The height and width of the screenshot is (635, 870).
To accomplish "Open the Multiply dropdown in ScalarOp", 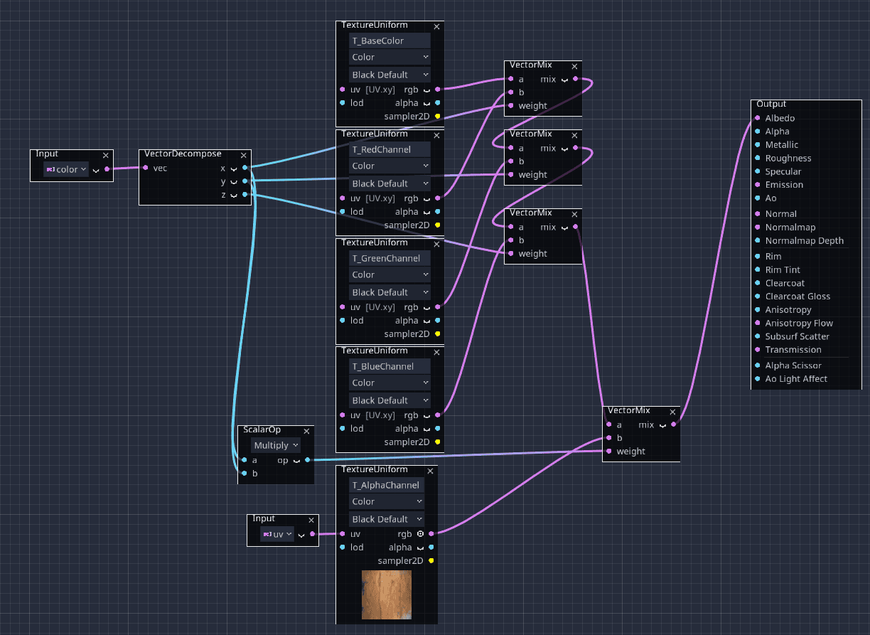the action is point(276,445).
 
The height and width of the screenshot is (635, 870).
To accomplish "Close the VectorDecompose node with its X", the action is point(244,156).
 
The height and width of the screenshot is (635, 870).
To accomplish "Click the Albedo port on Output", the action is point(758,118).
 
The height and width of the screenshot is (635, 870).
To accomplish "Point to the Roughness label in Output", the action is point(788,158).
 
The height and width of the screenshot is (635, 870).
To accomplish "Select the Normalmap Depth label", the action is point(805,240).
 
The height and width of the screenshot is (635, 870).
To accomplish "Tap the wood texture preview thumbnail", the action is point(387,594).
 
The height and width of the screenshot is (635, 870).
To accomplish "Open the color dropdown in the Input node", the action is point(66,169).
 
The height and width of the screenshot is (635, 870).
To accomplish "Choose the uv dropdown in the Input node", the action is point(277,534).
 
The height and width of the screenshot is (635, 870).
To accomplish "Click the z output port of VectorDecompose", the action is point(245,194).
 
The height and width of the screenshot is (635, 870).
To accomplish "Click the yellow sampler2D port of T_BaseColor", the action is point(438,116).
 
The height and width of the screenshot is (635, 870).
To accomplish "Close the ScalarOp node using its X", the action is point(306,432).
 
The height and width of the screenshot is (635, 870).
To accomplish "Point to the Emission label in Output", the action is point(784,185).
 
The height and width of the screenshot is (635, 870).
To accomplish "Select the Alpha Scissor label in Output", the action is point(793,365).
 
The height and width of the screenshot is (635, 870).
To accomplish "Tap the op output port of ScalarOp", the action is point(308,460).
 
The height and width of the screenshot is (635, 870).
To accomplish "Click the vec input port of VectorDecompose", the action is point(146,168).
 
